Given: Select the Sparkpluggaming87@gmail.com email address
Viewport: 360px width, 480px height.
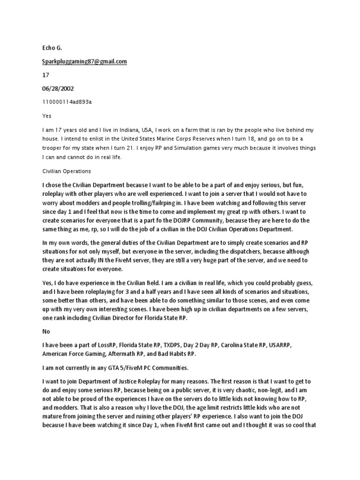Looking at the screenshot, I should pos(84,61).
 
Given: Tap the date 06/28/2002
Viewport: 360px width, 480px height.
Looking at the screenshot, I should pos(57,88).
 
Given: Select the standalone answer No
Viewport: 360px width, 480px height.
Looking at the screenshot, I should pos(46,330).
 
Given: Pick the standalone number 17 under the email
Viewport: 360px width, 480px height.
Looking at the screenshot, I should pos(46,75).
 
